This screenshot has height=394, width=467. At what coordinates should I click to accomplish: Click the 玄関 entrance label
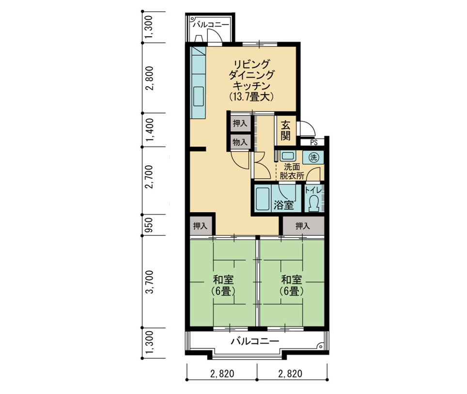pyautogui.click(x=285, y=130)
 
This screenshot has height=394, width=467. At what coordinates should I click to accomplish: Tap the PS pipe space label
pyautogui.click(x=313, y=142)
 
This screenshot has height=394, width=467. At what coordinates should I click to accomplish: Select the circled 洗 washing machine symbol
pyautogui.click(x=313, y=158)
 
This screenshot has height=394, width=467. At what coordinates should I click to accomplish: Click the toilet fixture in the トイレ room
pyautogui.click(x=313, y=203)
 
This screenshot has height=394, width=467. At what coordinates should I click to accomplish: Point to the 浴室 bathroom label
pyautogui.click(x=283, y=205)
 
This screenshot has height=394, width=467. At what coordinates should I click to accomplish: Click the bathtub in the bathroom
pyautogui.click(x=263, y=199)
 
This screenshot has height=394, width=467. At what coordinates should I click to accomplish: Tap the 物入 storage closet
pyautogui.click(x=240, y=142)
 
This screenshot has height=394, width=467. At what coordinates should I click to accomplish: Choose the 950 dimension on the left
pyautogui.click(x=149, y=225)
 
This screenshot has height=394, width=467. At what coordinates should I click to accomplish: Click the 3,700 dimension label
pyautogui.click(x=149, y=282)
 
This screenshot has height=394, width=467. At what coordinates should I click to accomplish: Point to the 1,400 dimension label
pyautogui.click(x=149, y=130)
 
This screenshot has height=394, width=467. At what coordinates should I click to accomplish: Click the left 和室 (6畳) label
pyautogui.click(x=223, y=285)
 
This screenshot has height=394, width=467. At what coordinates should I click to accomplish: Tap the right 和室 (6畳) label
pyautogui.click(x=292, y=285)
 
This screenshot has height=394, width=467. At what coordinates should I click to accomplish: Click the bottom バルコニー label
pyautogui.click(x=255, y=341)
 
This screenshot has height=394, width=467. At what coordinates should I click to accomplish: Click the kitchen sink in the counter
pyautogui.click(x=198, y=96)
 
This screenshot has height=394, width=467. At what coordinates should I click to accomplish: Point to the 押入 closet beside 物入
pyautogui.click(x=240, y=124)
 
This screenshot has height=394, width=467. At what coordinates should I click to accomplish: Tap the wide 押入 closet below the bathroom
pyautogui.click(x=303, y=226)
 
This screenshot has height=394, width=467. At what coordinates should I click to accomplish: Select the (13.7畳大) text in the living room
pyautogui.click(x=251, y=97)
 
